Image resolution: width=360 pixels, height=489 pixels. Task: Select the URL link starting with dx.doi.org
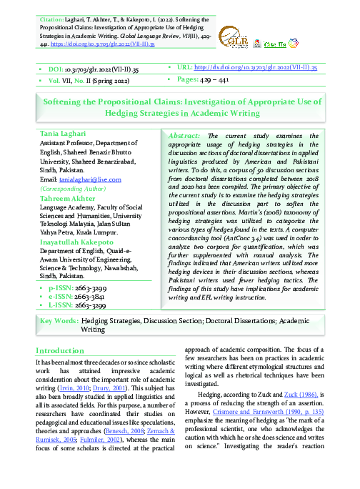point(255,67)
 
